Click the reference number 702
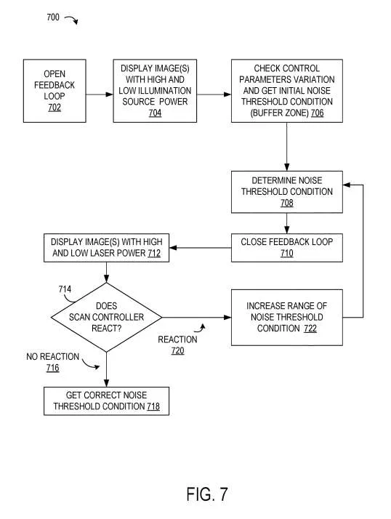[x=55, y=108]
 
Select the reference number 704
[x=155, y=113]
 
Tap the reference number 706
[x=317, y=113]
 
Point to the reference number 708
[x=287, y=203]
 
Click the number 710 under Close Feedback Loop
[x=287, y=253]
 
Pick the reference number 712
[x=154, y=253]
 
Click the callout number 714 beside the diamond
[x=65, y=289]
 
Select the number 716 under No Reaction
[x=52, y=368]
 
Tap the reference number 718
[x=153, y=406]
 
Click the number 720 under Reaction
[x=178, y=350]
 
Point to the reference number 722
[x=310, y=329]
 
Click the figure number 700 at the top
[x=53, y=17]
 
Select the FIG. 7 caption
[x=207, y=494]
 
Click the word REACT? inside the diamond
[x=107, y=329]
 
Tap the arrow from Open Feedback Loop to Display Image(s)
[x=100, y=94]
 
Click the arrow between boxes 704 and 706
[x=214, y=94]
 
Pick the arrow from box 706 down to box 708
[x=287, y=147]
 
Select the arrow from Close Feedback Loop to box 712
[x=201, y=248]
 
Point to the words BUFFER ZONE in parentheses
[x=279, y=113]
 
